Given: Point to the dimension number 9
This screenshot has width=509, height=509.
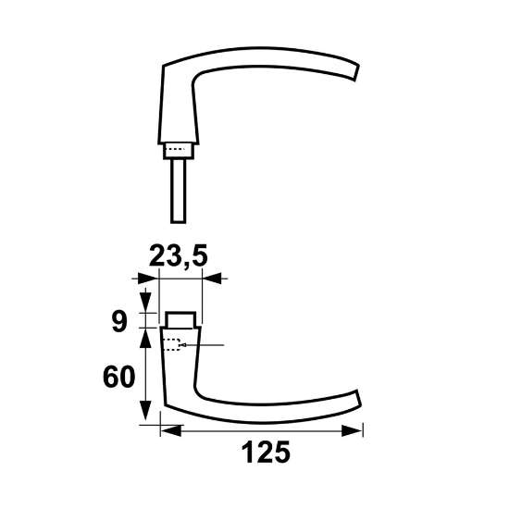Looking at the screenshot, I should coord(118,321).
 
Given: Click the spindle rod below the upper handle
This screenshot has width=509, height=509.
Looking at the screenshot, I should coord(180,189).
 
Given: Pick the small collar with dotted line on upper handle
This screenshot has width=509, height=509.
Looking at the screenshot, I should coord(180,148).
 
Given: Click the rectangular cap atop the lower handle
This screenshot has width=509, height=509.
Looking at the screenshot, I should coord(180,319).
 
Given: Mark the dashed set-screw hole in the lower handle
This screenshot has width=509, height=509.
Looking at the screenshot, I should coord(170,346).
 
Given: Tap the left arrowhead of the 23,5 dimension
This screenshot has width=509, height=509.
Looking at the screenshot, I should coord(141,278).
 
